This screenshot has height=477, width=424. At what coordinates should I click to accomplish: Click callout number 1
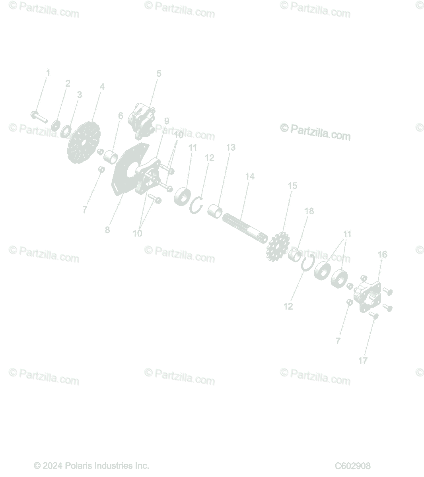coord(48,73)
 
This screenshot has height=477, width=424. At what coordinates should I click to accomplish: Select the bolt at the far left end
coord(38,117)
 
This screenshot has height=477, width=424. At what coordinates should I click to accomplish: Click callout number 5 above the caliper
coord(159,74)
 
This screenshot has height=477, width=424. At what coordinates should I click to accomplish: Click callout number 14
coord(249,176)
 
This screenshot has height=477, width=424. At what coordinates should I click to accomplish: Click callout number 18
coord(309,211)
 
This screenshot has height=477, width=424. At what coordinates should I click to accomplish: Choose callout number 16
coord(382,254)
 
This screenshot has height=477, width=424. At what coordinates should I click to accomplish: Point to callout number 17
coord(363,361)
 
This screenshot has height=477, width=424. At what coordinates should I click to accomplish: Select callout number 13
coord(231,147)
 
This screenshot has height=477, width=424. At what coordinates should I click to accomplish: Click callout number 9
coord(166,121)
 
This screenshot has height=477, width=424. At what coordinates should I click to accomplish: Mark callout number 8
coord(107,230)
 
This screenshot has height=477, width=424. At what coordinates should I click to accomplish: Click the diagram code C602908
coord(352,465)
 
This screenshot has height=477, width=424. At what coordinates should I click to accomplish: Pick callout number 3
coord(80,95)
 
